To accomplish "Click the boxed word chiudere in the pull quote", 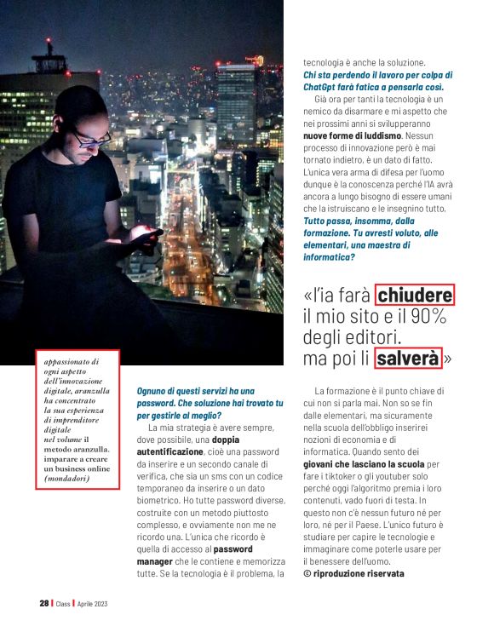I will pos(416,295).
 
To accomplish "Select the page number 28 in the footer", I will pos(43,603).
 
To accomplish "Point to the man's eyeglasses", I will pos(90,134).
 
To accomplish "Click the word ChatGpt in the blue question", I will pos(321,87).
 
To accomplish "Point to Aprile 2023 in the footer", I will pos(92,603).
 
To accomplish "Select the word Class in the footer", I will pos(63,603).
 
